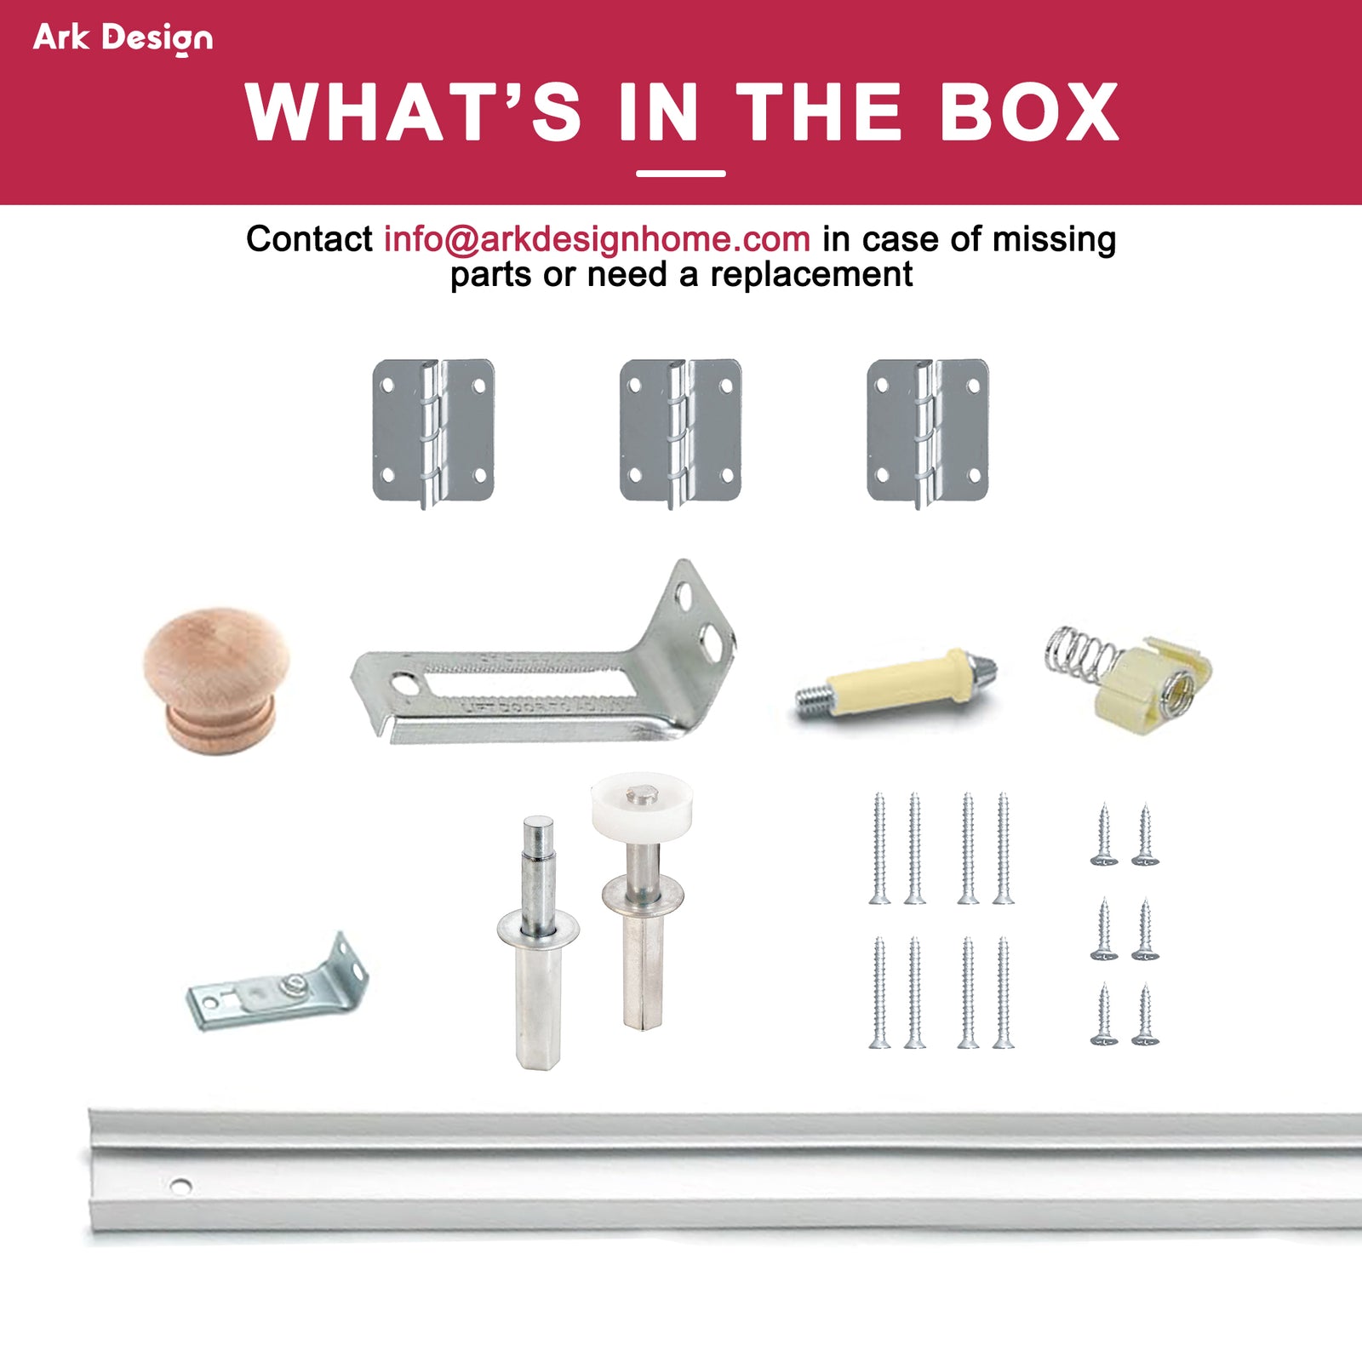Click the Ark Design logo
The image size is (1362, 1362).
pos(123,38)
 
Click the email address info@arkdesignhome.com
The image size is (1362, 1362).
pos(597,239)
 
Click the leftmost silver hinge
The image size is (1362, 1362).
pos(433,432)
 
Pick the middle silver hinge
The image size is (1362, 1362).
pos(680,432)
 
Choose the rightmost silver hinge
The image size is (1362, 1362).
pos(927,432)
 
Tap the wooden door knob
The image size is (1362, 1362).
pos(217,679)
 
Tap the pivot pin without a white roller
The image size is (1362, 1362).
pos(538,943)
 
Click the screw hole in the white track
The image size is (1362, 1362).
pos(180,1185)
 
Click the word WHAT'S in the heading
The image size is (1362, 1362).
pos(414,112)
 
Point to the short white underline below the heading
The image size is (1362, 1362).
pos(681,174)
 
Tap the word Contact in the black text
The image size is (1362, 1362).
pos(309,239)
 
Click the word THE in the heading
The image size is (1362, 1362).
pos(819,112)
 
